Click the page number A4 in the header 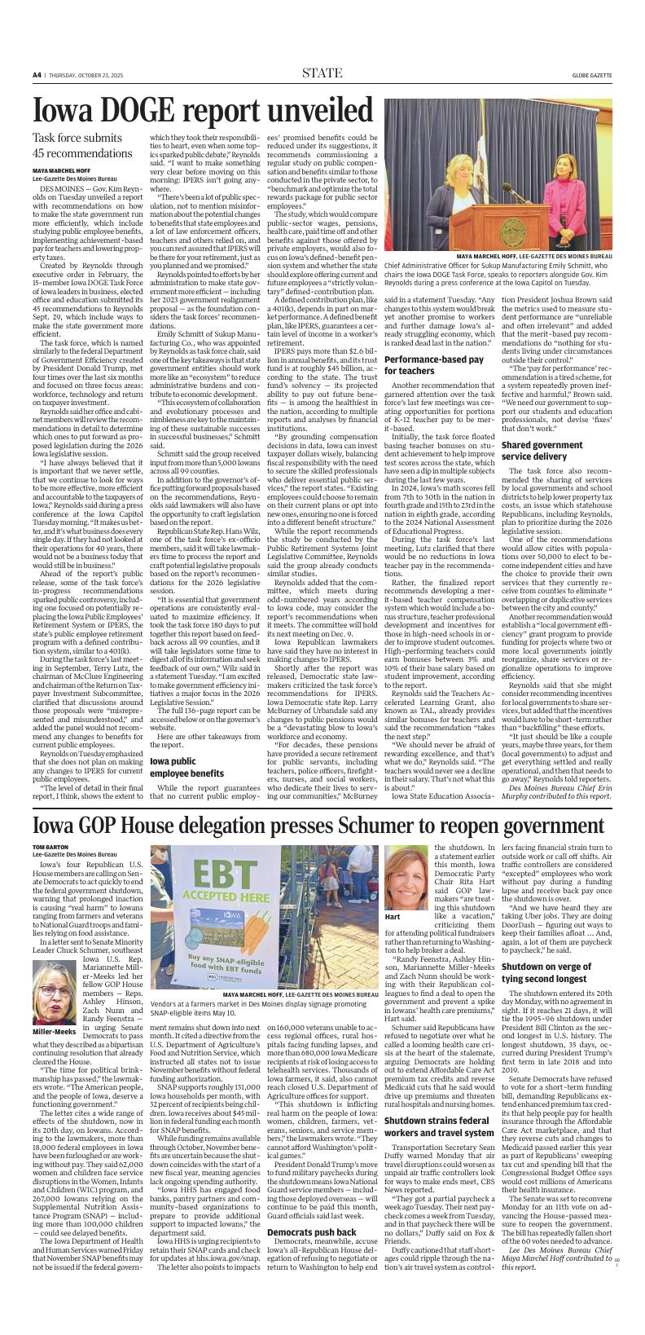pyautogui.click(x=37, y=74)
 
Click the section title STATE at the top pyautogui.click(x=322, y=73)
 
